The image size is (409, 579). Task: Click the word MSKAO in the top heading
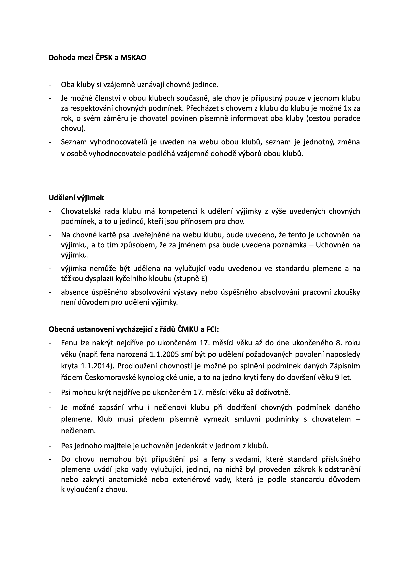click(x=133, y=58)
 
